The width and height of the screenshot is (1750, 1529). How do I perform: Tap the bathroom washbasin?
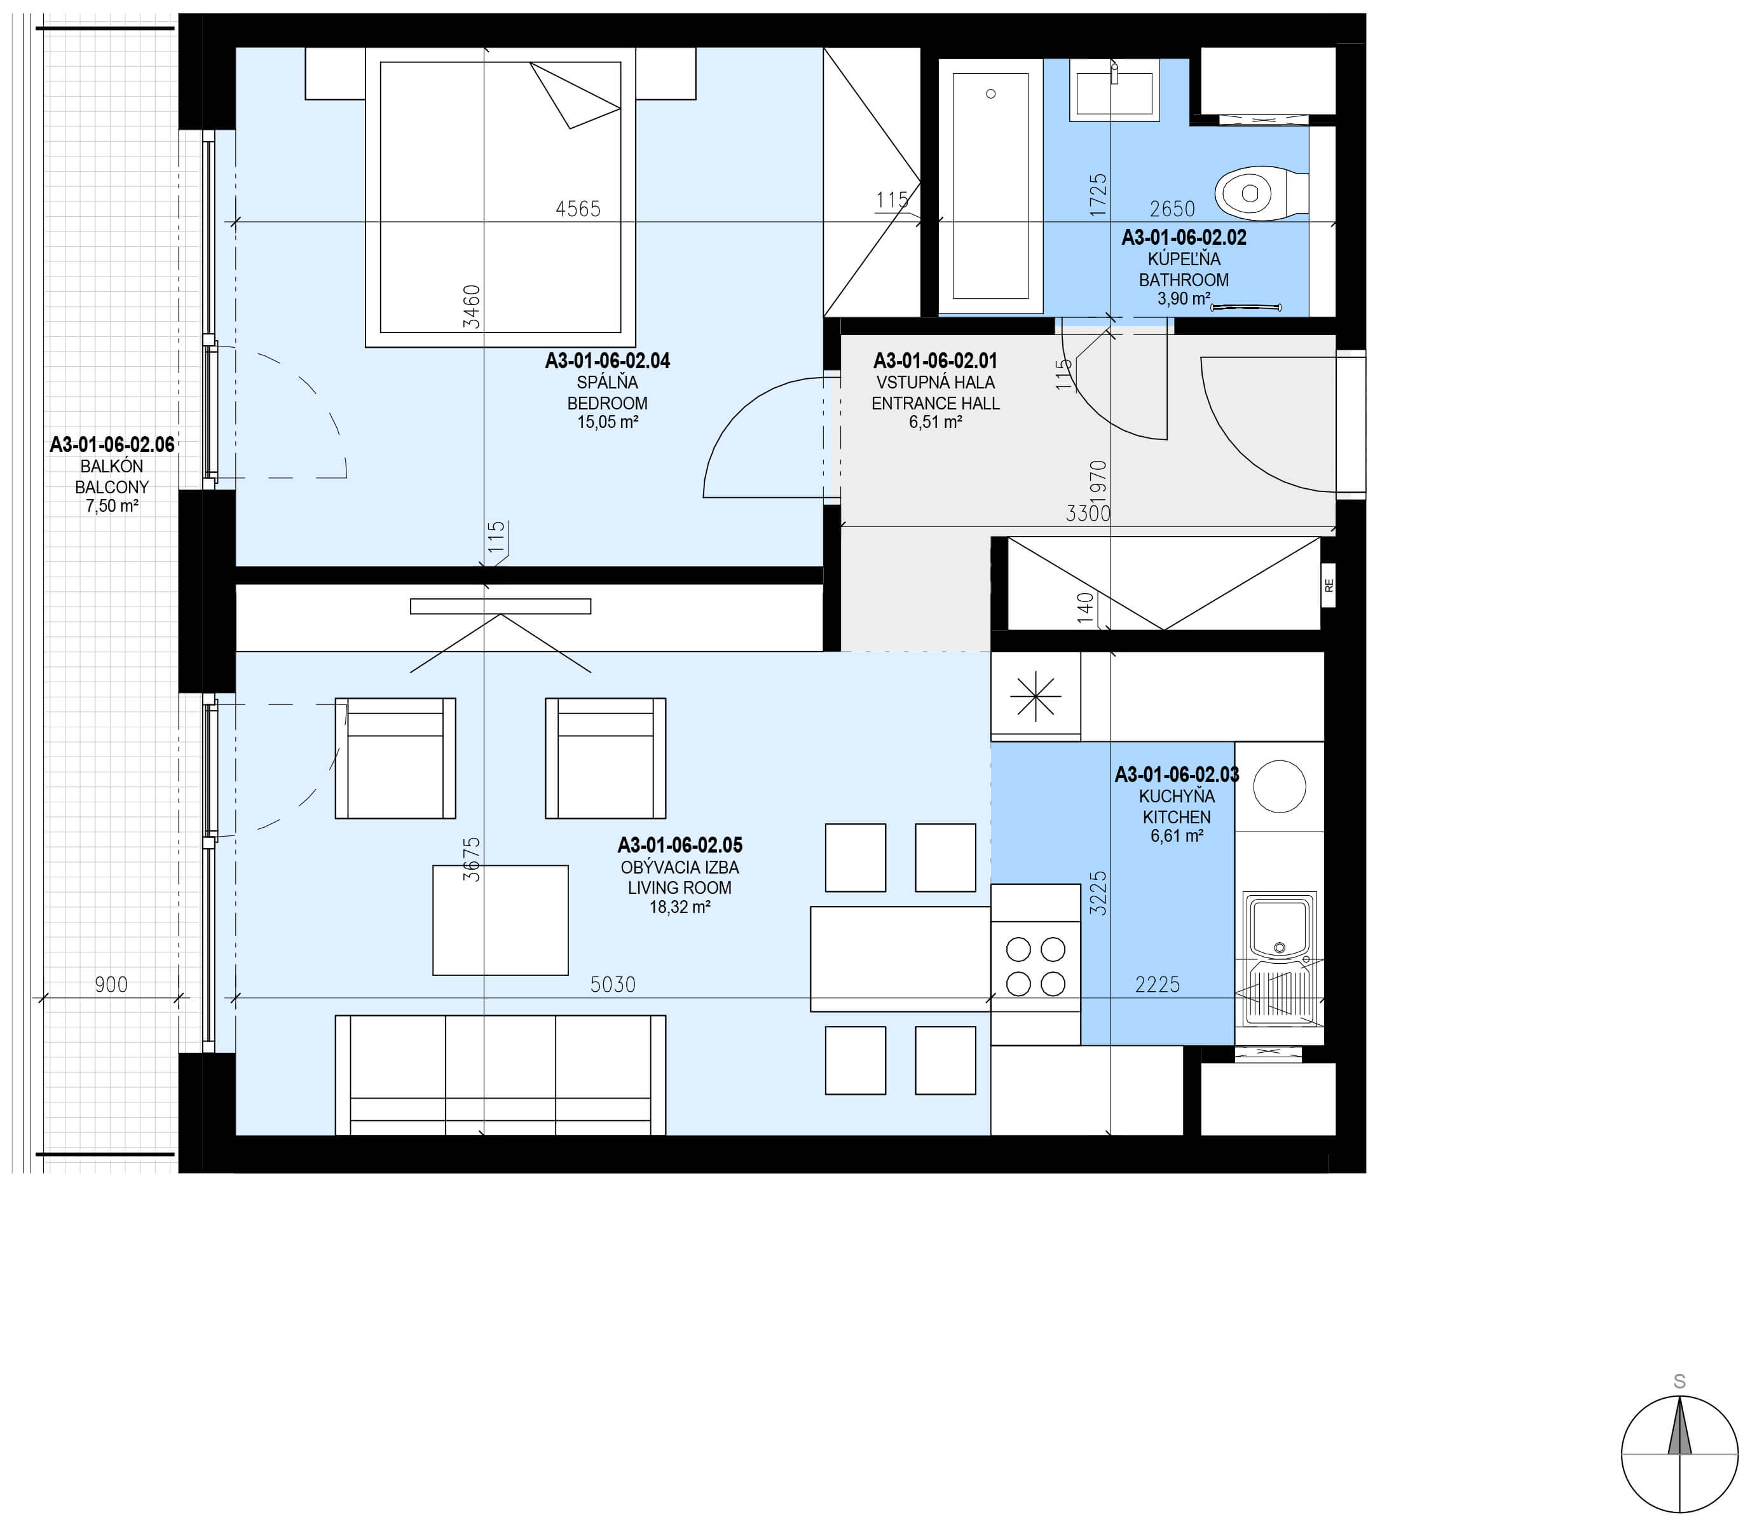(x=1114, y=90)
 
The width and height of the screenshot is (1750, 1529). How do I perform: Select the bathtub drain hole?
(x=990, y=94)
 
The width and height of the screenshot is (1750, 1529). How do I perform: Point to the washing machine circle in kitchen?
(x=1280, y=786)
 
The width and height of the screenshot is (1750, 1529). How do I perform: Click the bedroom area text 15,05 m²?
(x=608, y=422)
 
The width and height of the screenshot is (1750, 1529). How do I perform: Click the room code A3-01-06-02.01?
(x=935, y=361)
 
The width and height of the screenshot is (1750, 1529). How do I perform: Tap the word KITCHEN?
(x=1177, y=816)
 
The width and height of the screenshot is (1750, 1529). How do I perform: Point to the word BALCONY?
(x=112, y=487)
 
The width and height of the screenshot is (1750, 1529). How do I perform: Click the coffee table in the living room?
(x=500, y=920)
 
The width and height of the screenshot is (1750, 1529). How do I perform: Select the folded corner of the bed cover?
(x=574, y=95)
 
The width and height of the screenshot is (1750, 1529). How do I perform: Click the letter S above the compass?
(x=1679, y=1382)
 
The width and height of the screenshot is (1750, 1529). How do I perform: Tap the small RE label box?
(x=1329, y=586)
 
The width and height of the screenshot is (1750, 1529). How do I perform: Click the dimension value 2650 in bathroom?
(x=1172, y=208)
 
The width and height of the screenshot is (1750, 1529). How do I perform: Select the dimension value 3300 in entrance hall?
(x=1088, y=513)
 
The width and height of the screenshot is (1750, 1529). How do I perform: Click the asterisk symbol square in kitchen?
(x=1035, y=696)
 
